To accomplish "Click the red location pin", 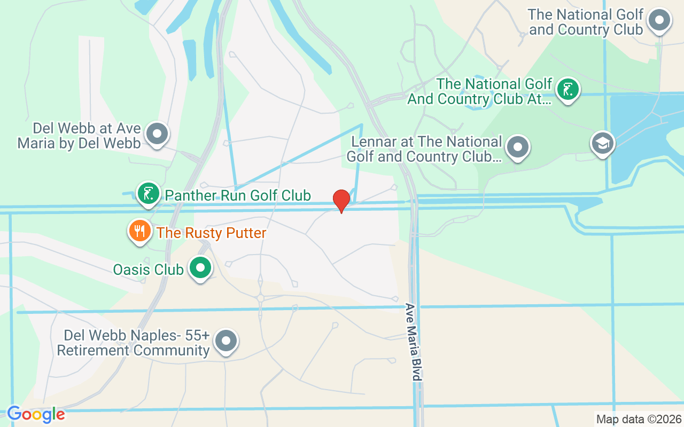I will point(341,200).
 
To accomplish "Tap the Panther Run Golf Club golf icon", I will point(149,193).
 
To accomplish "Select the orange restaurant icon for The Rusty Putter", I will point(139,231).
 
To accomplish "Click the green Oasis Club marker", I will point(201,268).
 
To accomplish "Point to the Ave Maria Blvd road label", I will point(412,342).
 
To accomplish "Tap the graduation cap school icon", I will point(602,143).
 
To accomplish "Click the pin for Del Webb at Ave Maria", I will point(157,133).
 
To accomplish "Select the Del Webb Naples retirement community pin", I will point(226,339).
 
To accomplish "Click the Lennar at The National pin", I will point(517,146).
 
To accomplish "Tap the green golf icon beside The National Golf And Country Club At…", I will point(568,89).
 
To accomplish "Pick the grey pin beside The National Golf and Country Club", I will point(659,21).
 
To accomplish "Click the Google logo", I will point(36,414).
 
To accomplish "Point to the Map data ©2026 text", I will point(639,419).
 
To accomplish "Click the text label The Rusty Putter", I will point(211,233).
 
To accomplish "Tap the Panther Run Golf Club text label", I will point(238,195).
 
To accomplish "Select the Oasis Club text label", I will point(149,270).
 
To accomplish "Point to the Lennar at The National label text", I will point(425,149).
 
